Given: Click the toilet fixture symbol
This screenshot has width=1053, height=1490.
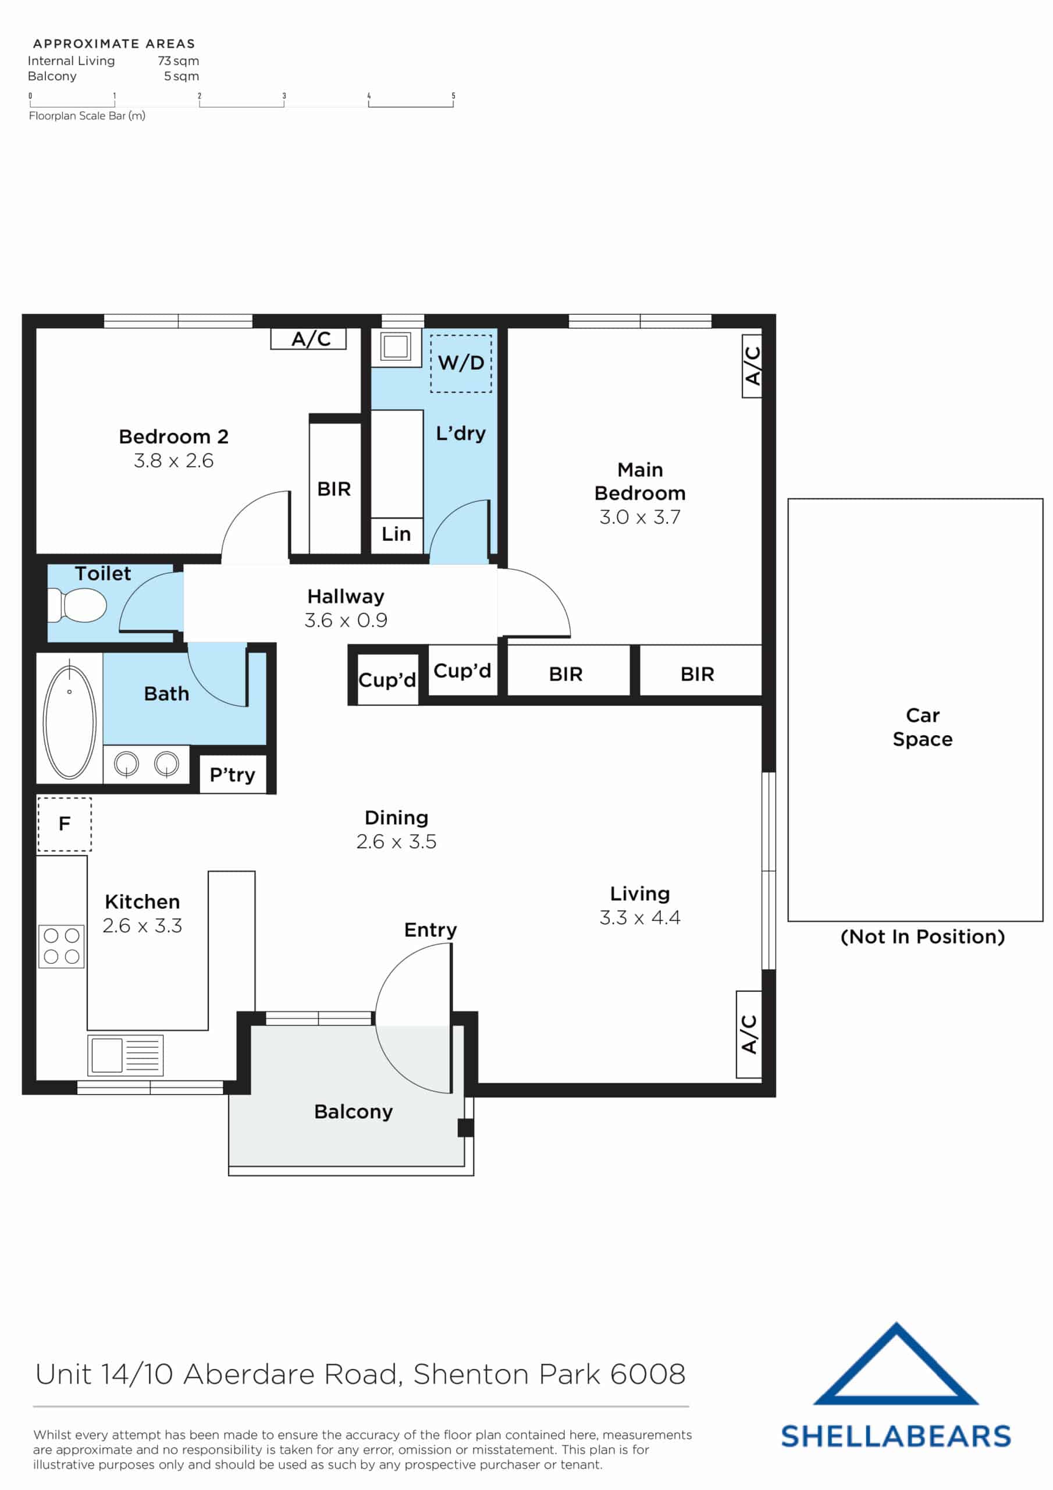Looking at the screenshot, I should [78, 605].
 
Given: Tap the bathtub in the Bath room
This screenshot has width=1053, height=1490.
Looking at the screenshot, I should [69, 721].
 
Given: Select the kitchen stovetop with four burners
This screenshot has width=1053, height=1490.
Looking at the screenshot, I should [62, 946].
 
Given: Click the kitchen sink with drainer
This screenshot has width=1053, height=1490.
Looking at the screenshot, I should [125, 1055].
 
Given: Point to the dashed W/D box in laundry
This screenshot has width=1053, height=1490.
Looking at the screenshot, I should [461, 363].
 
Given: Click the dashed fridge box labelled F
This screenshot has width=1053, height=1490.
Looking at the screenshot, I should [64, 824].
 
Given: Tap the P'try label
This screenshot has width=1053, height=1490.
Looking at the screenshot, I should [232, 775].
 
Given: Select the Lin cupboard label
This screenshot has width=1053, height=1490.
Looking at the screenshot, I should [396, 534].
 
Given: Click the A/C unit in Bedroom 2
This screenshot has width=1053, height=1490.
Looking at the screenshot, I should [308, 339].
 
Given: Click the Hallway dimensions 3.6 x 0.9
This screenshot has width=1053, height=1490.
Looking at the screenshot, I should [346, 620].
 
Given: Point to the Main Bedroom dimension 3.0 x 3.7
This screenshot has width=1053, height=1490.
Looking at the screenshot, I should [640, 517].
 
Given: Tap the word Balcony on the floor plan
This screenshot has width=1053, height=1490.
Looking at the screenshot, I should [353, 1112].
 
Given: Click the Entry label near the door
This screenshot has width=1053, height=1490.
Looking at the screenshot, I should [430, 930].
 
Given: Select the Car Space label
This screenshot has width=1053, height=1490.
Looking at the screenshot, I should [922, 727].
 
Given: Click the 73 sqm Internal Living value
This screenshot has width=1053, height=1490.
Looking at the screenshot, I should [178, 61].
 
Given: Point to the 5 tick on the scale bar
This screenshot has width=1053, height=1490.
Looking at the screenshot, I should [453, 96].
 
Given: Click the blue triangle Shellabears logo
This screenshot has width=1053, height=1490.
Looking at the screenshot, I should [895, 1366].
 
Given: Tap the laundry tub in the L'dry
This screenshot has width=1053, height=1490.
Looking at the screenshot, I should [395, 346].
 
